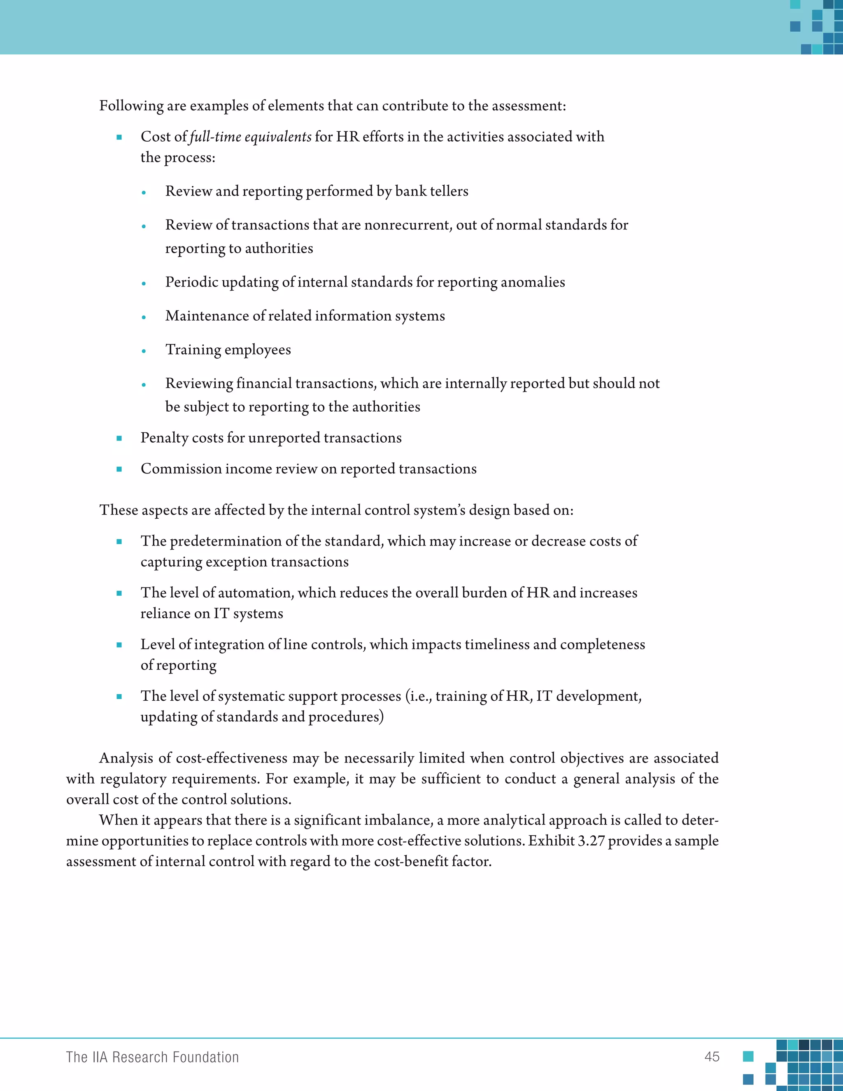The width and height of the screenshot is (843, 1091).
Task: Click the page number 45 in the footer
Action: [x=712, y=1056]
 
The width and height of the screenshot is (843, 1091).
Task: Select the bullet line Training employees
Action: [x=228, y=350]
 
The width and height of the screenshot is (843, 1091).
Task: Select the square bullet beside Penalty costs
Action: [x=119, y=438]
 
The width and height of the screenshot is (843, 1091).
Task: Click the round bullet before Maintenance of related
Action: [x=144, y=317]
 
